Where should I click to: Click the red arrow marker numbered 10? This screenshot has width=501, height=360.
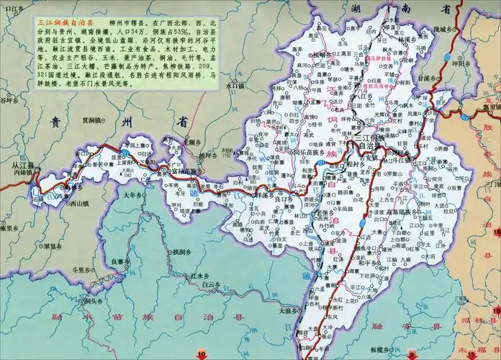(202, 354)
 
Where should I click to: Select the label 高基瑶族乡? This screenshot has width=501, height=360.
(396, 213)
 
